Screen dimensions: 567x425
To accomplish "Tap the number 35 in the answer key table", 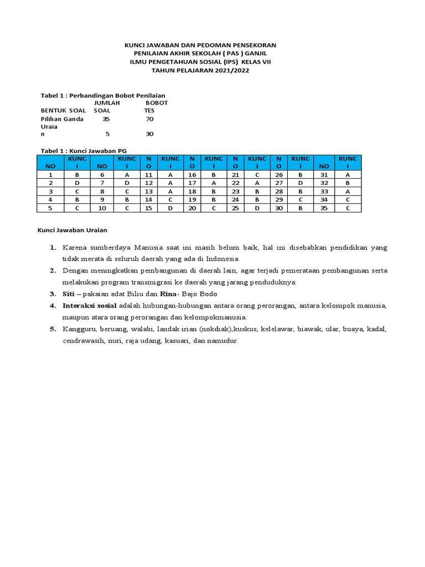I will click(324, 208).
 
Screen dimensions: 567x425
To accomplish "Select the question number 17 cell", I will click(193, 182).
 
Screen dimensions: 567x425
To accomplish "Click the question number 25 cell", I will click(236, 208).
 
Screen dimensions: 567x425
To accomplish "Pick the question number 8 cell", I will click(102, 191).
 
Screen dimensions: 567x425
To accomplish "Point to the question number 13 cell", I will click(148, 191).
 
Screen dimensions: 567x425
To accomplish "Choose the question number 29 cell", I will click(279, 199).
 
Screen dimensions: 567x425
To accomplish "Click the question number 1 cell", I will click(50, 174).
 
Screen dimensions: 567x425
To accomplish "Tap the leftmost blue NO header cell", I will click(50, 166).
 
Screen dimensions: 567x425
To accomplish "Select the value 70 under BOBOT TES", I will click(149, 118).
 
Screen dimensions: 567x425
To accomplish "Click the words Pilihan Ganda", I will click(62, 118).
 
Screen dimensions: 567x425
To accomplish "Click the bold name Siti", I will click(69, 293).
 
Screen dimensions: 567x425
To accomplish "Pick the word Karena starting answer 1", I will click(74, 246).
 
